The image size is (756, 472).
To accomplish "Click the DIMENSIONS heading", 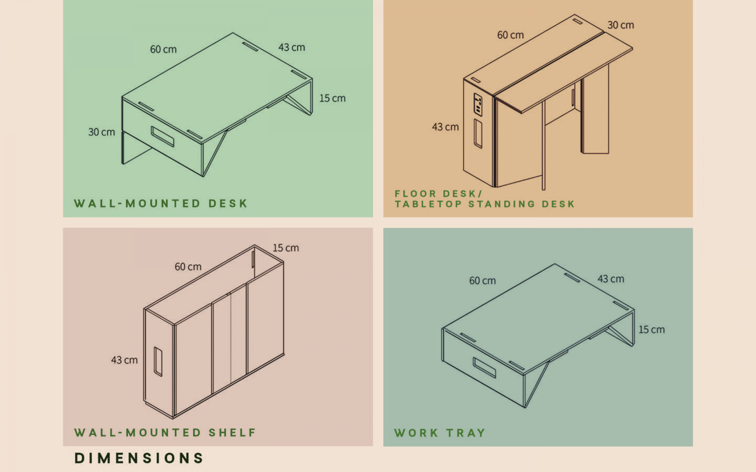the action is click(139, 458).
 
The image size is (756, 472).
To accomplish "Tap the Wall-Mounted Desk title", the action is click(161, 203).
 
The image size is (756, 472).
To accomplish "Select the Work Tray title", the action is click(440, 433).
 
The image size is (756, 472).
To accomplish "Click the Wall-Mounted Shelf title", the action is click(165, 432).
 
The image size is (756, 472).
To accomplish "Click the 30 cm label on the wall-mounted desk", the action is click(101, 132).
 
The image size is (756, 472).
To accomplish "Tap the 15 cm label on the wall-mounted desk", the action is click(332, 98).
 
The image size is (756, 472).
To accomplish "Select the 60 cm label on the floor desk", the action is click(511, 35).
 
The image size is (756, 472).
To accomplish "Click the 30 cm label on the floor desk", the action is click(621, 25).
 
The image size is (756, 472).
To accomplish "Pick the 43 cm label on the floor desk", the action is click(445, 127).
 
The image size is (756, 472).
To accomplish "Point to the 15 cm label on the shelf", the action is click(286, 248).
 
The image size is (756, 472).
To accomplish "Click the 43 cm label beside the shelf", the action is click(124, 360).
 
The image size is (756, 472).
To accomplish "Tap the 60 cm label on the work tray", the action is click(483, 281).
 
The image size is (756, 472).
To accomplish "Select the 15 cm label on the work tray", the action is click(652, 330).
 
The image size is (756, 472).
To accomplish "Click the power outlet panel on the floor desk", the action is click(478, 105).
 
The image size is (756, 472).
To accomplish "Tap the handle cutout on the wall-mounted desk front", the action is click(162, 136).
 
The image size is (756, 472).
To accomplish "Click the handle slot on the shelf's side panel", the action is click(158, 362).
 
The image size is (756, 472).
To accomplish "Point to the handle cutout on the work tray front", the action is click(484, 367).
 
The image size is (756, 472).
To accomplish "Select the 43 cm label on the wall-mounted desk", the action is click(292, 48).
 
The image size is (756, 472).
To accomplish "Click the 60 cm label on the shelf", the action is click(188, 267).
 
